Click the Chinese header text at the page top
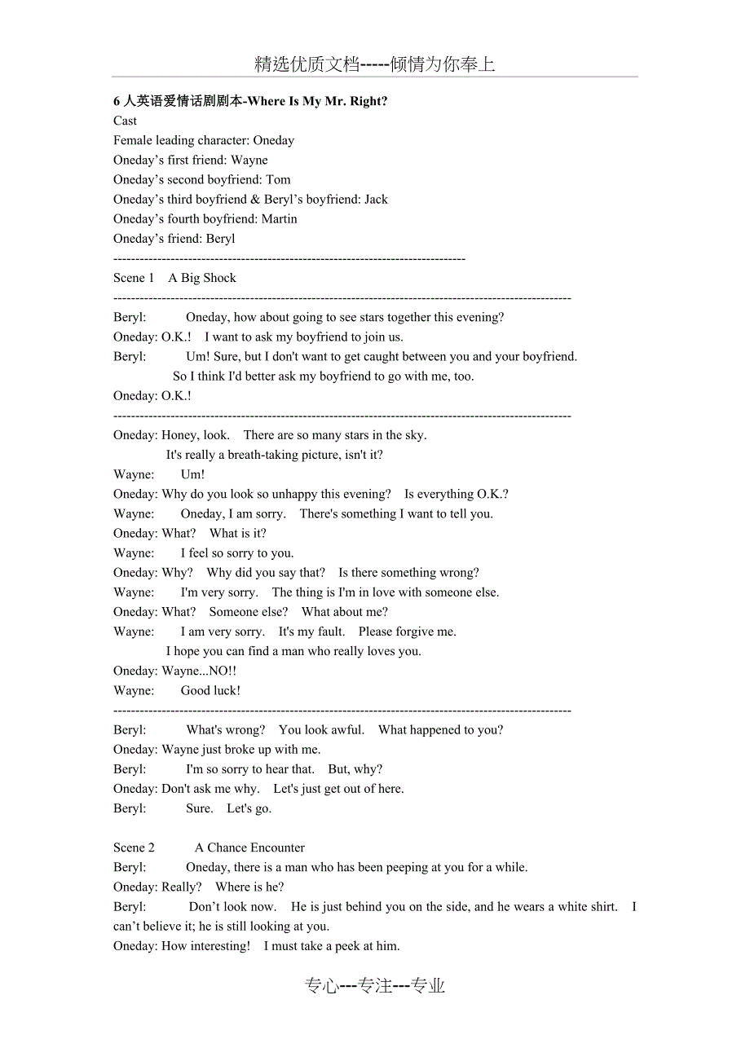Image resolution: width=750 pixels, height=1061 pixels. point(374,64)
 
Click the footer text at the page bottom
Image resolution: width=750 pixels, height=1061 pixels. point(374,986)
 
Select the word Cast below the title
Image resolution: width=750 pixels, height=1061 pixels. point(126,121)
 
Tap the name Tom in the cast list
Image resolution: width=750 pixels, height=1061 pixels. point(278,179)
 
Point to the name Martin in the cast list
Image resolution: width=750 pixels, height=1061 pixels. point(280,218)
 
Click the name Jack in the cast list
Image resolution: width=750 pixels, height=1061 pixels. point(376,199)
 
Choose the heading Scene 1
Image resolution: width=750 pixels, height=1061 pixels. point(134,278)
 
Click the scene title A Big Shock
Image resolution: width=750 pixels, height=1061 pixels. point(202,278)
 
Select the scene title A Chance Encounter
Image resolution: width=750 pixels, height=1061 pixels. point(249,847)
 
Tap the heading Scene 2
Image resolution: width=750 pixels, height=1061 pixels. point(134,847)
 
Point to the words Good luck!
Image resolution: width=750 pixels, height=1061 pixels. point(210,690)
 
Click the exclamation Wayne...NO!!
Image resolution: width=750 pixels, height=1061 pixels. point(200,671)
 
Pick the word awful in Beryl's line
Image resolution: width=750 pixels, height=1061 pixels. point(347,729)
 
